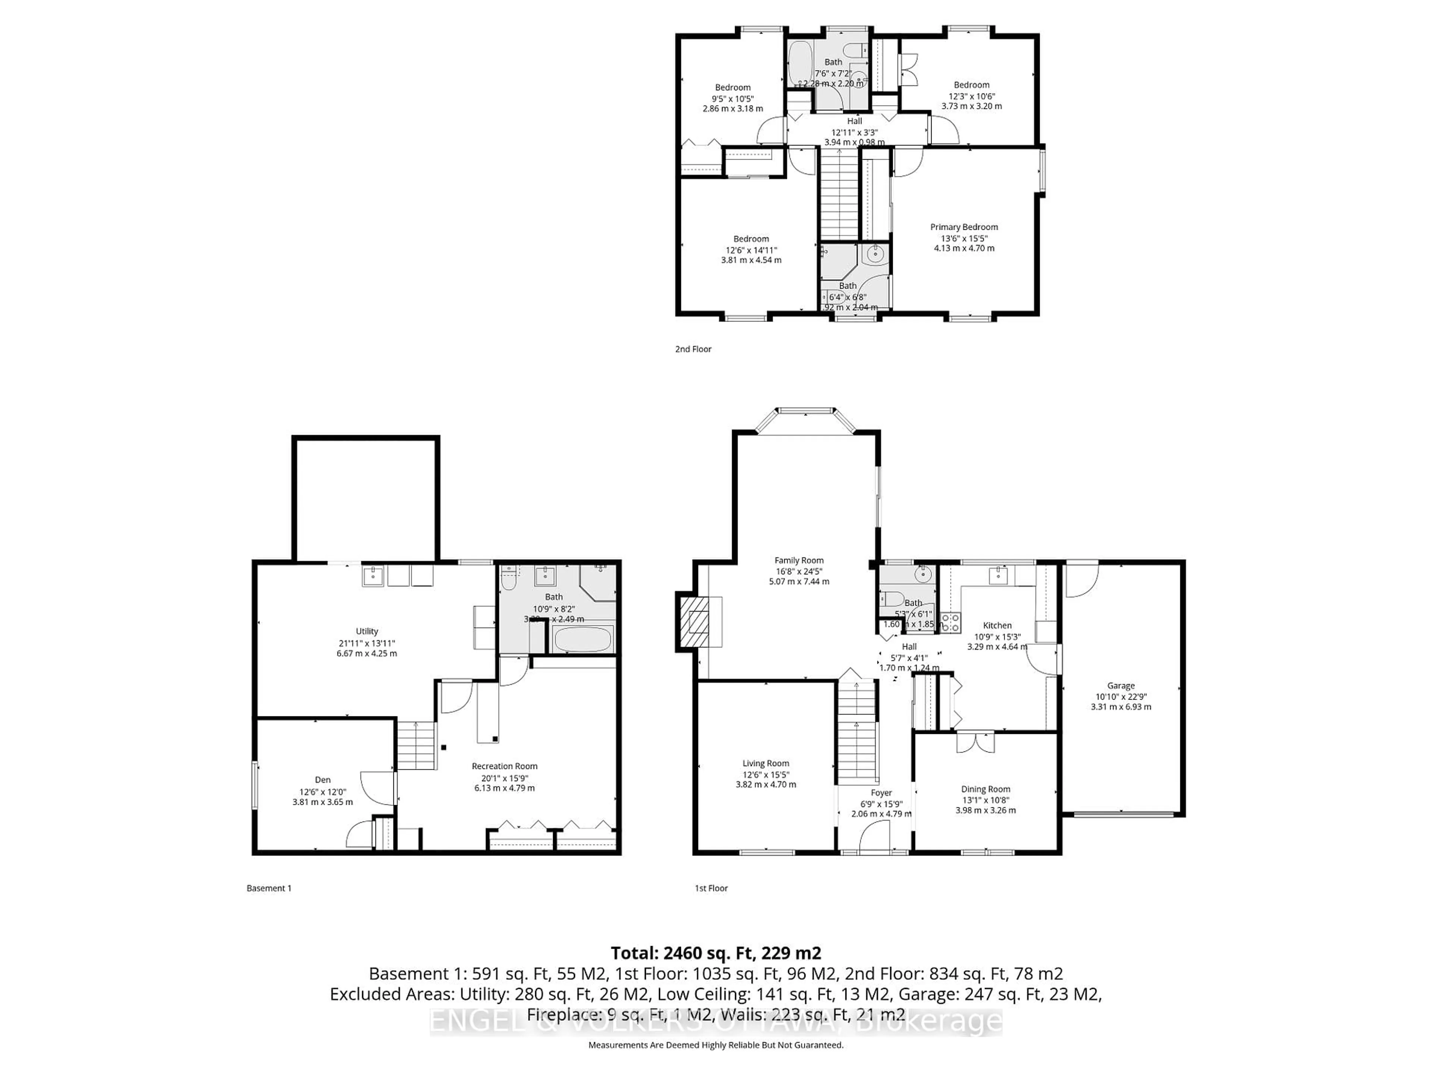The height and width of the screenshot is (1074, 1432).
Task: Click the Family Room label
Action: point(799,560)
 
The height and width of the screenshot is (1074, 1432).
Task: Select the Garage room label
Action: point(1121,685)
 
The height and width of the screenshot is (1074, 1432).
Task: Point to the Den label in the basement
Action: point(323,780)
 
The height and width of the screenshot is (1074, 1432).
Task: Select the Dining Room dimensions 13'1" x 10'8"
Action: point(985,800)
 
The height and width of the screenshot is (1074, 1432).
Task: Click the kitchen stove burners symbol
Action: point(950,623)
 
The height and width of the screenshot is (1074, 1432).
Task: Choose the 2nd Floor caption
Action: point(693,349)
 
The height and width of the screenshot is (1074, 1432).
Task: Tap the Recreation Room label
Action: point(504,766)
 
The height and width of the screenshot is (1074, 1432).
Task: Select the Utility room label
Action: point(367,631)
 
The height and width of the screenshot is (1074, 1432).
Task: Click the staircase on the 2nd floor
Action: point(839,194)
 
